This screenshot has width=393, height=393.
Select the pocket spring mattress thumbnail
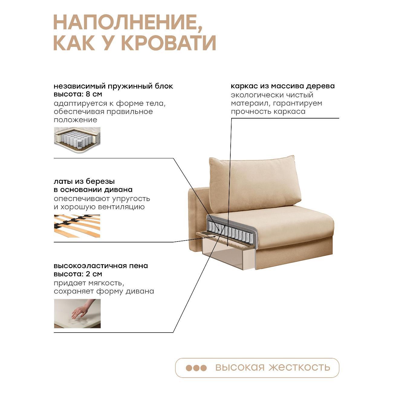tap(77, 140)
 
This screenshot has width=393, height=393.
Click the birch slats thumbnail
tap(77, 226)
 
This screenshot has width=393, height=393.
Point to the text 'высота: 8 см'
tap(78, 94)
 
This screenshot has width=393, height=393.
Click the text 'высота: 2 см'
tap(78, 274)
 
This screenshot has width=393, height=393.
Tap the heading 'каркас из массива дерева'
tap(283, 86)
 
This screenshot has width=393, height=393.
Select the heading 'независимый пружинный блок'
tap(113, 86)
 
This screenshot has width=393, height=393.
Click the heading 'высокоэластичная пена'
tap(101, 266)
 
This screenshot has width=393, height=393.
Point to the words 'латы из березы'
tap(84, 181)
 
